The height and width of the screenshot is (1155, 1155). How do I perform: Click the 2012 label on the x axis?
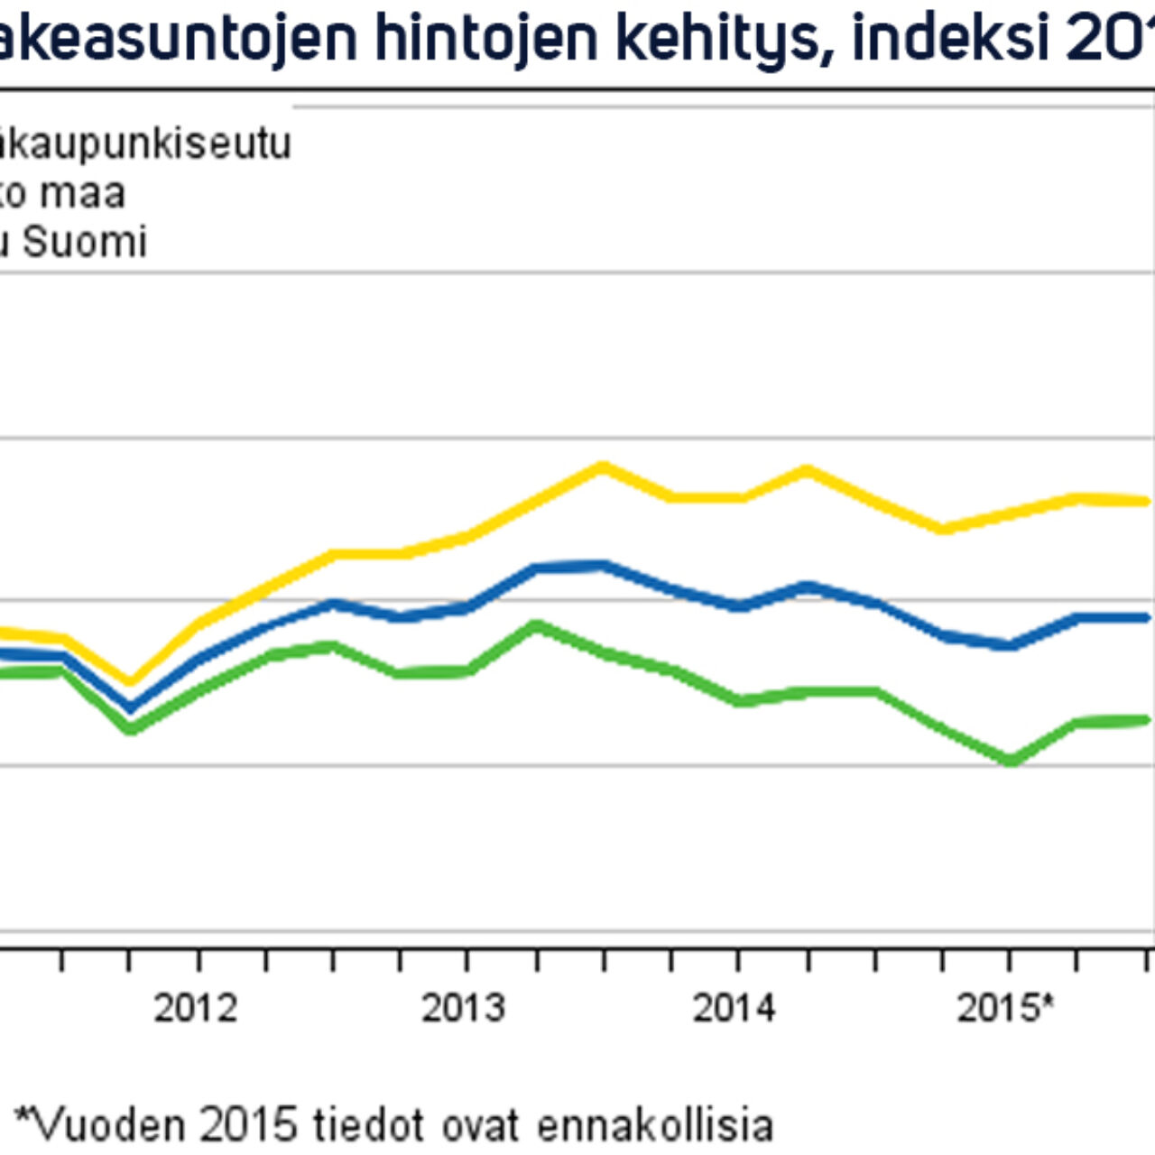coord(195,1008)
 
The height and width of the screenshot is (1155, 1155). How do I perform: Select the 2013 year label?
coord(463,1008)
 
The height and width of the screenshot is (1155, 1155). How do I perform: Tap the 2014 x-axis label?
coord(734,1008)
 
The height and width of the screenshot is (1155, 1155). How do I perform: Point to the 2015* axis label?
coord(1004,1008)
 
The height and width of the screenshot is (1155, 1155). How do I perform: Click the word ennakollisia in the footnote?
coord(655,1125)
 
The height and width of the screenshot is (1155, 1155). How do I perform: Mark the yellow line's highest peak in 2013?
coord(603,467)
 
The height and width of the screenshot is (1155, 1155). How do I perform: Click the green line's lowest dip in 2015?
coord(1011,761)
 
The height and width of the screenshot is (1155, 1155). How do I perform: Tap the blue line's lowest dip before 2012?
coord(130,707)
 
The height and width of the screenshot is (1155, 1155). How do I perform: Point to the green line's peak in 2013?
coord(536,624)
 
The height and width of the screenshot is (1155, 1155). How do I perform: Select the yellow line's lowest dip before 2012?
coord(130,681)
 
